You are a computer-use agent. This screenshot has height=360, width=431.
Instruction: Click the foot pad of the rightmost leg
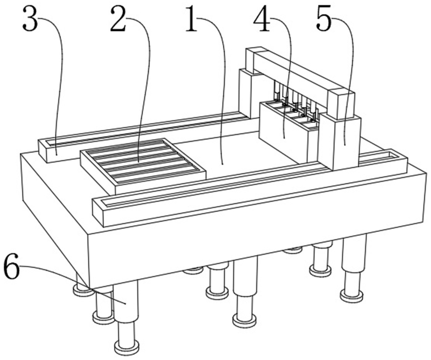click(351, 296)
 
